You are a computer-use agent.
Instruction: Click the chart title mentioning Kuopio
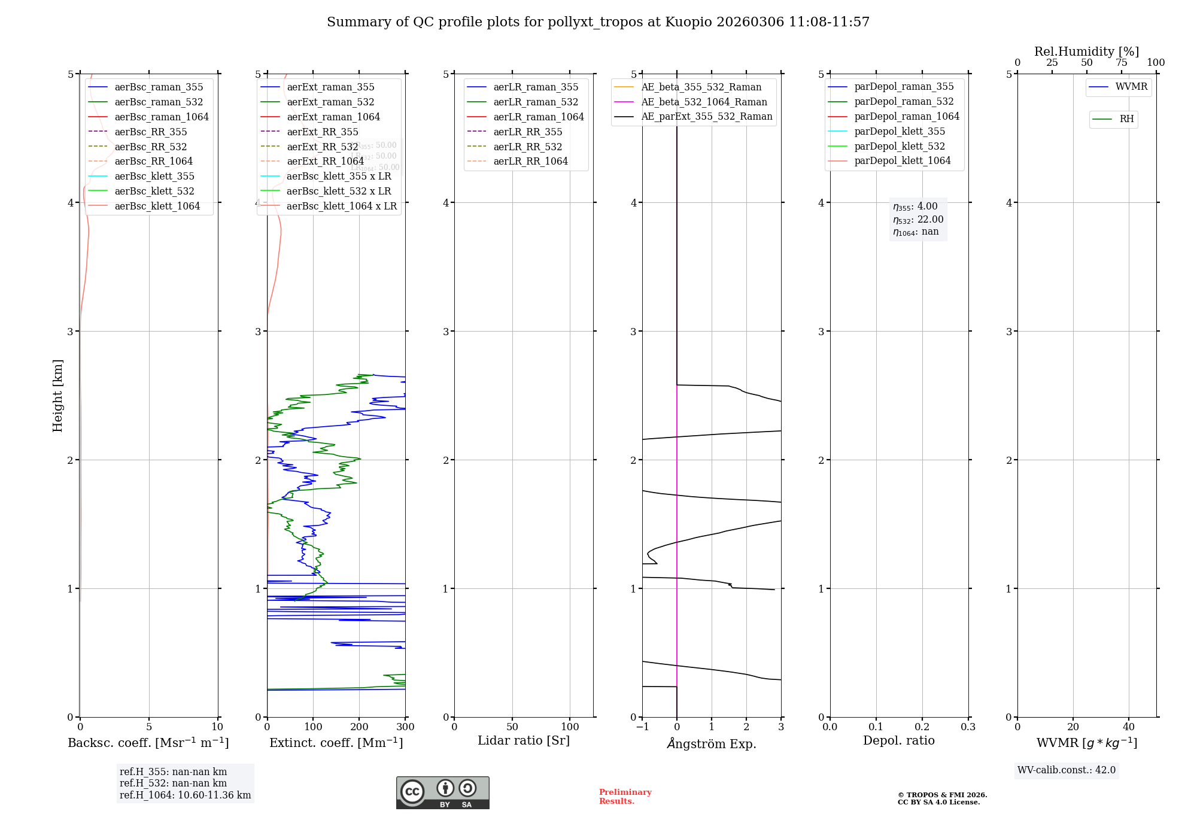coord(598,22)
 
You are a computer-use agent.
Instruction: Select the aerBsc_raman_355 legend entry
coord(159,87)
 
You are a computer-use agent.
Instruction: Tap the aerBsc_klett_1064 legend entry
coord(157,206)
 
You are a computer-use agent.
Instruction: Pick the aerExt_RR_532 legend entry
coord(322,147)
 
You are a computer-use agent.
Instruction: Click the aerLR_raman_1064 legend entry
coord(538,117)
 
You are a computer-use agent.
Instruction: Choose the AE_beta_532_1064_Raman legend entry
coord(704,102)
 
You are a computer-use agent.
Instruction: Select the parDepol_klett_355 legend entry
coord(900,132)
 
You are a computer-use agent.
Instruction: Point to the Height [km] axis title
coord(57,396)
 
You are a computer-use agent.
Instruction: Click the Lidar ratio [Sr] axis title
coord(524,741)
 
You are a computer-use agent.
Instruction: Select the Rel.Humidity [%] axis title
coord(1086,51)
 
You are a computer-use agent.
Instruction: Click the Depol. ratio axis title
coord(898,741)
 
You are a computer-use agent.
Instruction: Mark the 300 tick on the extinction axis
coord(405,727)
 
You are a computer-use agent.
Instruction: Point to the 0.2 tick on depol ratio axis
coord(922,727)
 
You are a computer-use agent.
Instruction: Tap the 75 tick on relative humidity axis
coord(1121,63)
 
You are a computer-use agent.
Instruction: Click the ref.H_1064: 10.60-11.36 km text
coord(185,795)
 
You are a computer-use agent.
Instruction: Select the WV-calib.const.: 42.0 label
coord(1067,770)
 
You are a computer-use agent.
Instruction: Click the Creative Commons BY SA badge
coord(442,793)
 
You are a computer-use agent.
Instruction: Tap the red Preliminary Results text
coord(625,797)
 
